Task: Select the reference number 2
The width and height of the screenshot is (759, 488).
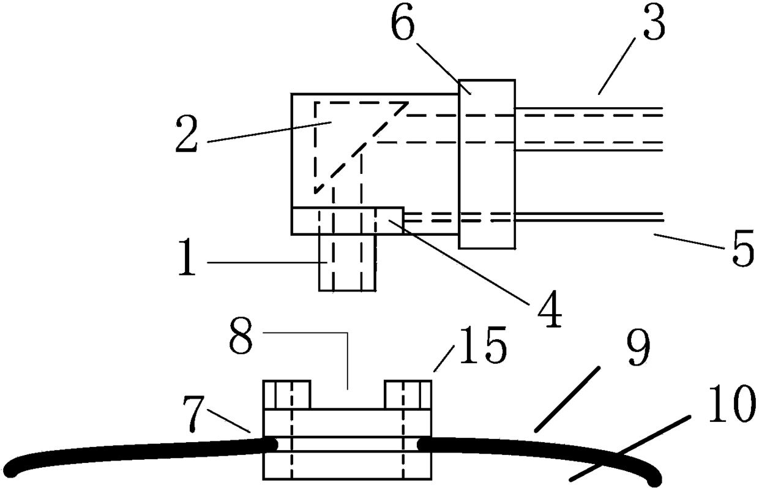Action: click(186, 134)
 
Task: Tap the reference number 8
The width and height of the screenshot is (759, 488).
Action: click(241, 336)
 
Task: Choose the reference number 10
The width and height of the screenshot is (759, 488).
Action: click(732, 404)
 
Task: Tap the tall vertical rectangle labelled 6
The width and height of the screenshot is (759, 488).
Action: click(487, 164)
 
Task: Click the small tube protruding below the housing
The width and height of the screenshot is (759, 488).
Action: click(347, 262)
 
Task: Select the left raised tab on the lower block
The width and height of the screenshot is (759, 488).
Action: click(286, 394)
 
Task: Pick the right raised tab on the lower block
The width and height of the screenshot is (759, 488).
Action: click(408, 394)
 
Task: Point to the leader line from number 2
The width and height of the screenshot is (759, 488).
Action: click(269, 132)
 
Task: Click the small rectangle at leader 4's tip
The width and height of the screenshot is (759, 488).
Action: click(389, 220)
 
